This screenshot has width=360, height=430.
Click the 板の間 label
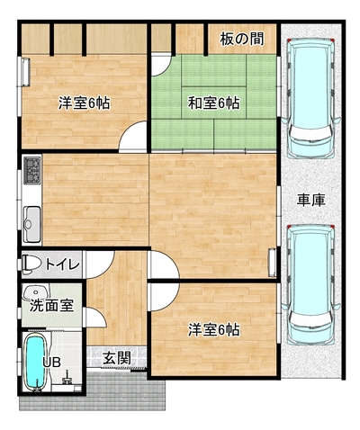[242, 39]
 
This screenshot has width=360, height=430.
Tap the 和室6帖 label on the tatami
[213, 103]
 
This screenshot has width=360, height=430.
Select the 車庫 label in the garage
[311, 200]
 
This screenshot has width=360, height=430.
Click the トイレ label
[62, 264]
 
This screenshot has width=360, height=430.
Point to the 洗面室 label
[51, 306]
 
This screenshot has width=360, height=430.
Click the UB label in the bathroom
[51, 363]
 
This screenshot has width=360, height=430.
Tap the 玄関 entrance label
[117, 357]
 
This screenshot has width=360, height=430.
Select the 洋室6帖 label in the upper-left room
[84, 103]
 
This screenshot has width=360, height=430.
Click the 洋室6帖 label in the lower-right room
[213, 330]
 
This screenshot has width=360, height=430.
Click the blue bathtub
[35, 363]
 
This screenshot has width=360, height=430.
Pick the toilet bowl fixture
[31, 264]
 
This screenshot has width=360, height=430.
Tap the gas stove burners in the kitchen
[32, 170]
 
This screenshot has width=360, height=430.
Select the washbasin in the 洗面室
[36, 291]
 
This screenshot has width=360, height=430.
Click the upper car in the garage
[311, 98]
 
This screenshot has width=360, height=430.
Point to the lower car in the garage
[311, 284]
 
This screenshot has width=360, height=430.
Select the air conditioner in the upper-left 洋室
[25, 72]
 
